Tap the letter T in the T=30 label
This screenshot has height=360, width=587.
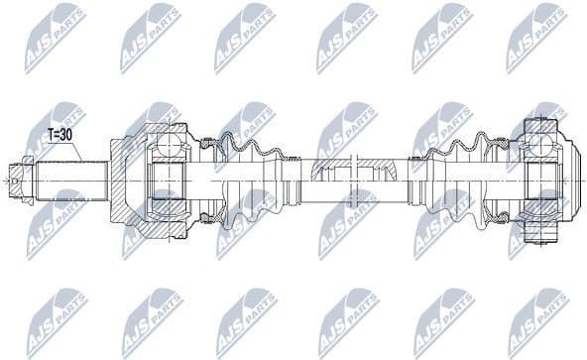[52, 134]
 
